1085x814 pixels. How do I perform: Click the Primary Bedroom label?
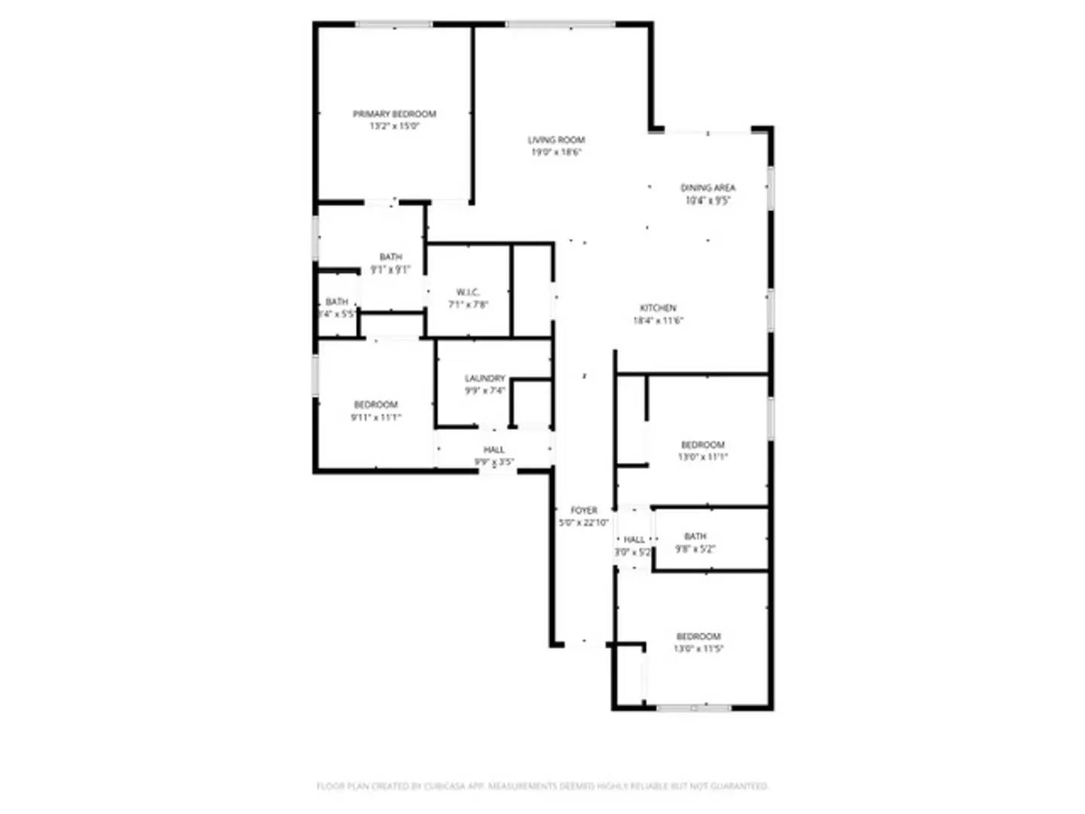pos(394,114)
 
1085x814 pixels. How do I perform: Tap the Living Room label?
pos(556,139)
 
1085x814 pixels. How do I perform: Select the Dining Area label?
pos(708,188)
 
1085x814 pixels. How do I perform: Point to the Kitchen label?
pos(658,308)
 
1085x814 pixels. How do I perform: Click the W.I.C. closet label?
pos(467,292)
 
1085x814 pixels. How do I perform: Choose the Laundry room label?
pos(484,378)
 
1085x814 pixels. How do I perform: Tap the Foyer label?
pos(583,510)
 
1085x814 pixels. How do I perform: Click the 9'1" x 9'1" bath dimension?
pos(390,269)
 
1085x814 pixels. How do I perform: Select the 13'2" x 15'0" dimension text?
pos(394,127)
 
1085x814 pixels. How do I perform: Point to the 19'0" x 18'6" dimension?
pos(556,152)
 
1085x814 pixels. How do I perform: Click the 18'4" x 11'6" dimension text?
pos(658,320)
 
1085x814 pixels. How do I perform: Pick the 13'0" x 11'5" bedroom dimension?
pos(698,649)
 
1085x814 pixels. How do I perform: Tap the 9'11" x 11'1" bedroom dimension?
pos(375,418)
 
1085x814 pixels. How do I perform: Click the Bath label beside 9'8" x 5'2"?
pos(695,536)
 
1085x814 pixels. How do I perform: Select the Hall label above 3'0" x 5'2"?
pos(634,540)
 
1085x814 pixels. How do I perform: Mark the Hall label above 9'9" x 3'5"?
pos(494,449)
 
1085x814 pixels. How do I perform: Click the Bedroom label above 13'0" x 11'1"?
pos(702,445)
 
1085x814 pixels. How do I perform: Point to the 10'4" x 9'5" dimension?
pos(708,200)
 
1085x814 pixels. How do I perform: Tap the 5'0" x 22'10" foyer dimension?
pos(583,523)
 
